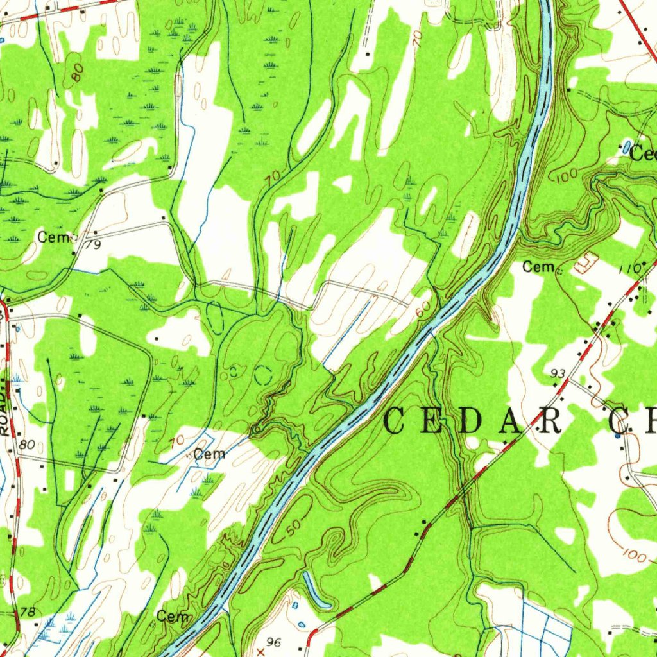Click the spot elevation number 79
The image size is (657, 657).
[94, 244]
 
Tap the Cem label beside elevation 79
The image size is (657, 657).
[52, 237]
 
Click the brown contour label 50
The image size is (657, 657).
[292, 529]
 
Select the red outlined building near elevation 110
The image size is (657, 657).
[584, 263]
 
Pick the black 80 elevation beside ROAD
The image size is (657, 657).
[27, 445]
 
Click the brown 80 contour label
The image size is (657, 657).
[78, 73]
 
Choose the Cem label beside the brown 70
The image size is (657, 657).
[210, 454]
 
